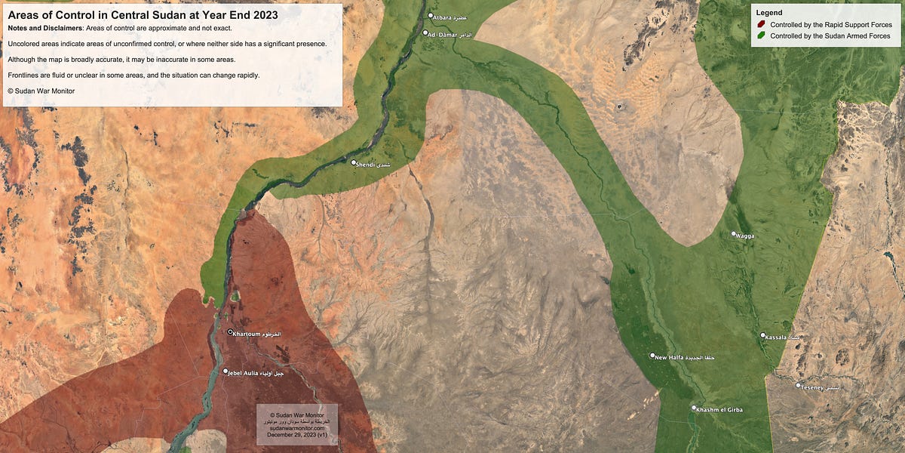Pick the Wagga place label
tap(745, 236)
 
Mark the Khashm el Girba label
tap(719, 410)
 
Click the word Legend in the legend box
tap(768, 13)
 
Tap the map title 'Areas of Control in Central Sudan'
tap(143, 14)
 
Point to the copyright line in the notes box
tap(41, 91)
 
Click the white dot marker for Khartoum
tap(231, 332)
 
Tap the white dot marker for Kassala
tap(763, 335)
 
